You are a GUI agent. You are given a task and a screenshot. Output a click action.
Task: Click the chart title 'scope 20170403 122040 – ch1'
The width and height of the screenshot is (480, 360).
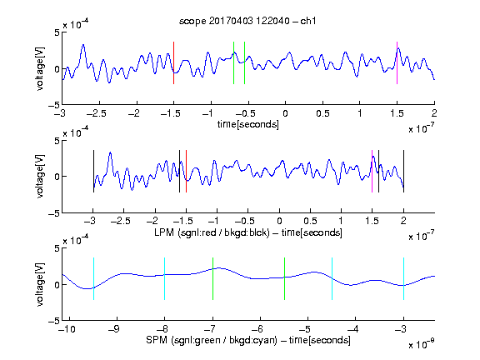pos(247,21)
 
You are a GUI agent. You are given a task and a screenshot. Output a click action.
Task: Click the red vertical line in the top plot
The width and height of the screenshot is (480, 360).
pos(173,62)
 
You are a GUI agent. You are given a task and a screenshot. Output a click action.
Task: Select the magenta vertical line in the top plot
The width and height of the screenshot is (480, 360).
pos(397,62)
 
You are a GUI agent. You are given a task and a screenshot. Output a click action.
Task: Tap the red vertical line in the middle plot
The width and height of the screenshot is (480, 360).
pos(186,171)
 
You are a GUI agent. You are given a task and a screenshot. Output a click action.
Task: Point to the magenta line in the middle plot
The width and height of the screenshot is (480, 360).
pos(372,171)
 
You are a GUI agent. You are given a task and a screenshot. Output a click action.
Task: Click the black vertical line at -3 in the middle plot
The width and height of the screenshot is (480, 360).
pos(93,171)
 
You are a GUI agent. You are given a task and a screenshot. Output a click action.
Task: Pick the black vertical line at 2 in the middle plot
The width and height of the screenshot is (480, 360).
pos(404,171)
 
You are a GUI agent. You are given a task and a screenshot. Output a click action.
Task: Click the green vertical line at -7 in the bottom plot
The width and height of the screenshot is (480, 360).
pos(212,278)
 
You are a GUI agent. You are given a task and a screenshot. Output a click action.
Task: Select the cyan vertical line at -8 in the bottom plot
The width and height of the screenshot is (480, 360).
pos(165,278)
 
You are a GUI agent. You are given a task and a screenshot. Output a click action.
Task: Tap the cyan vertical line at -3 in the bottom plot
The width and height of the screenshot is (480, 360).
pos(404,278)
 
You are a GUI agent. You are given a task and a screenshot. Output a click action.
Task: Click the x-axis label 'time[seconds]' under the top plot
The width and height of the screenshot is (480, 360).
pos(248,124)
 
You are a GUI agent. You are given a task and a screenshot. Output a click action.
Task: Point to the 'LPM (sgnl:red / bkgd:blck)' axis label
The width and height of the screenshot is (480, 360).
pos(212,232)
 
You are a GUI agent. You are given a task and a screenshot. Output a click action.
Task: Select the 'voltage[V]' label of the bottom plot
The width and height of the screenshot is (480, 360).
pos(40,284)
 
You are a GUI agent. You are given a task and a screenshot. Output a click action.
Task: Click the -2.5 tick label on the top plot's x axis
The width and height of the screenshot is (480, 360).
pos(97,113)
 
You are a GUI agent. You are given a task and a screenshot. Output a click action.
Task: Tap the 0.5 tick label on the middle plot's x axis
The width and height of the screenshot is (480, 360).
pos(310,221)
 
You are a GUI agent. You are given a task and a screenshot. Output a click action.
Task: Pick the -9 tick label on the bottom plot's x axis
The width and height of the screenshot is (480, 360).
pos(114,329)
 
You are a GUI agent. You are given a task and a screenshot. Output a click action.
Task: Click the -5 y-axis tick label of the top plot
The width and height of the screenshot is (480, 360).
pos(54,105)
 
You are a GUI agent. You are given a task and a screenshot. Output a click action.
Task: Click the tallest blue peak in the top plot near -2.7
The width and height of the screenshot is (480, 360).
pos(83,45)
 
